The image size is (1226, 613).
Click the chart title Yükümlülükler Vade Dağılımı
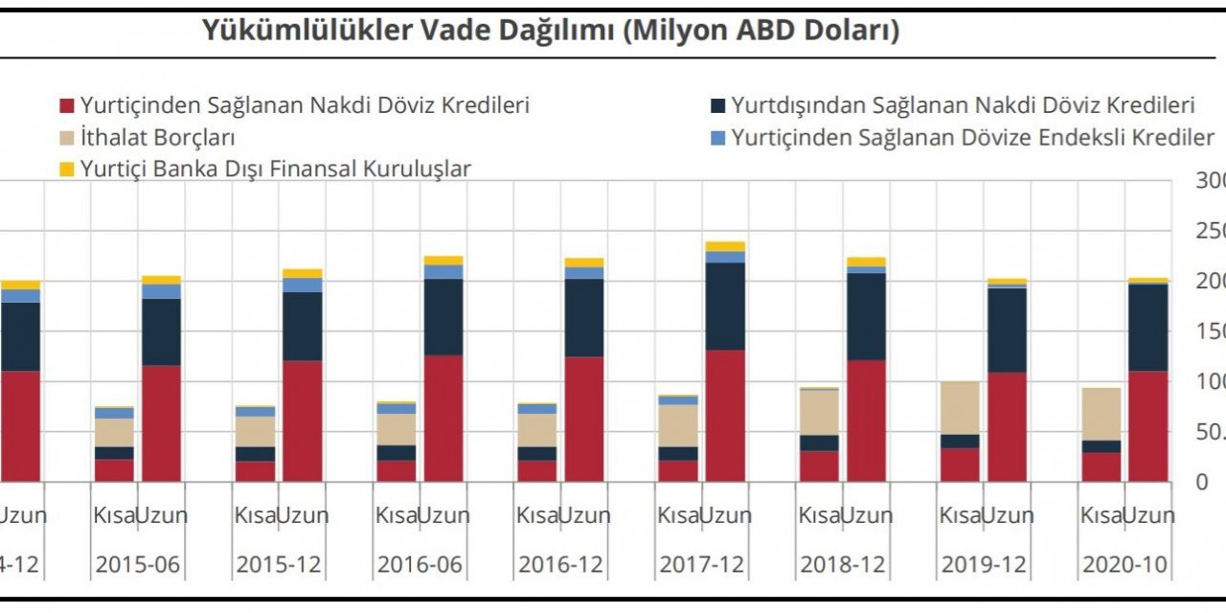coord(550,31)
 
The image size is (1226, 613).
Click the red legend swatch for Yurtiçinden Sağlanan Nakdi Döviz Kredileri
coord(67,105)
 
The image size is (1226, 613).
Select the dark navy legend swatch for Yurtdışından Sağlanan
coord(717,105)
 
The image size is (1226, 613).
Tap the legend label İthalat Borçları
coord(157,137)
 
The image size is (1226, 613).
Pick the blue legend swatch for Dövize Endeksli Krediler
coord(717,137)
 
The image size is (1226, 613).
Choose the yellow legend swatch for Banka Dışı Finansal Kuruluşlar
coord(67,170)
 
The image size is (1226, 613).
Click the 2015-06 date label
coord(138,565)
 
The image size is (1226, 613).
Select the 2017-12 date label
coord(702,565)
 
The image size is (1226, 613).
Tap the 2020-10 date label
coord(1125,565)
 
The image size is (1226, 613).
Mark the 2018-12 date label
coord(843,565)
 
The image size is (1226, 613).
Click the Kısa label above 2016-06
coord(396,515)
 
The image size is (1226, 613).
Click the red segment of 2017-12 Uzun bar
coord(725,417)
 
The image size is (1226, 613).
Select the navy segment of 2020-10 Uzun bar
coord(1147,328)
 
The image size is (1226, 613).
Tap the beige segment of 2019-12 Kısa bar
coord(960,408)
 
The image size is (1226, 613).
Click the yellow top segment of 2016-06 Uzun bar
coord(443,261)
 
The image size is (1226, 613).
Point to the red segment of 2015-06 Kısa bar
coord(114,470)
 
